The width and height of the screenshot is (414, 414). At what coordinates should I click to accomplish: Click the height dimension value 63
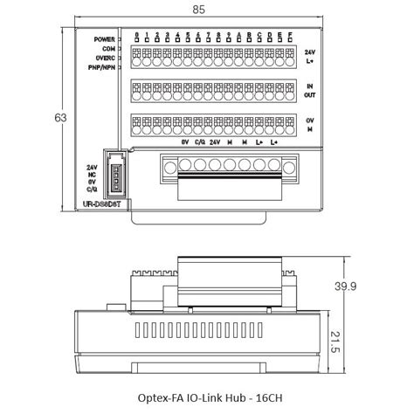(x=60, y=117)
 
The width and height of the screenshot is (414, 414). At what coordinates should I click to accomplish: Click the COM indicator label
(x=111, y=48)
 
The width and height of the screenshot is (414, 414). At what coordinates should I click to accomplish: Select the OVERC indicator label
(x=107, y=57)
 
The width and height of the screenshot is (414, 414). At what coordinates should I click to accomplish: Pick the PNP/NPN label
(x=104, y=66)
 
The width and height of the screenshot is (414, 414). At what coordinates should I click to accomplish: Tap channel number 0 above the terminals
(x=137, y=34)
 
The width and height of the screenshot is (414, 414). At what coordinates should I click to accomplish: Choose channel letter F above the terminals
(x=289, y=34)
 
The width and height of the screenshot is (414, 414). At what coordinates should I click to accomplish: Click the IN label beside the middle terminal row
(x=310, y=86)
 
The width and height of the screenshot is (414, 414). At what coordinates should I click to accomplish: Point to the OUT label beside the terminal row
(x=310, y=95)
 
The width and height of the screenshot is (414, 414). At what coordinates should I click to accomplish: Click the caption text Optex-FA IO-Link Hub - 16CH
(x=210, y=397)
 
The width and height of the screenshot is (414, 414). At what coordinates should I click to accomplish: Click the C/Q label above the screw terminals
(x=199, y=142)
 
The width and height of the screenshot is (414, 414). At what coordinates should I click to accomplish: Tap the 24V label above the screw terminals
(x=215, y=142)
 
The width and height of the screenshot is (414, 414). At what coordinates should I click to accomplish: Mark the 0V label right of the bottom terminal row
(x=310, y=120)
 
